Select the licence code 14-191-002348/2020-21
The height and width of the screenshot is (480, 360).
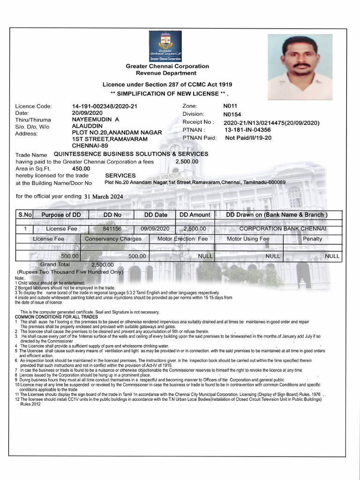105,106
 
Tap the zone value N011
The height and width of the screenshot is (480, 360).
231,106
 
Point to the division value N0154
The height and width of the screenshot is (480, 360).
232,114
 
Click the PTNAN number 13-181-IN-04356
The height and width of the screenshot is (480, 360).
247,130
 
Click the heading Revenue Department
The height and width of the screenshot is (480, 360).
166,73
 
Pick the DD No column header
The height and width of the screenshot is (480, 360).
112,215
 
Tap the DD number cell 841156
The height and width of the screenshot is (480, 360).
112,229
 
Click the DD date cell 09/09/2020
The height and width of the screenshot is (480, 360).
155,229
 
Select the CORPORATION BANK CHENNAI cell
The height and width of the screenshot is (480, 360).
283,229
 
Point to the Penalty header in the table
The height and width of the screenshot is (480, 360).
313,239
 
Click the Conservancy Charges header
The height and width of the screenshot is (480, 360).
113,239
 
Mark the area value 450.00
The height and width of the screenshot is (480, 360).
81,168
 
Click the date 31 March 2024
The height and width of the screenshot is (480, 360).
104,197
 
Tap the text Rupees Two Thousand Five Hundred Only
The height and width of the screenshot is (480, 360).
70,272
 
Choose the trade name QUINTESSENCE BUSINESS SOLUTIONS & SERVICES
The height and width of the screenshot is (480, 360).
131,154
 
